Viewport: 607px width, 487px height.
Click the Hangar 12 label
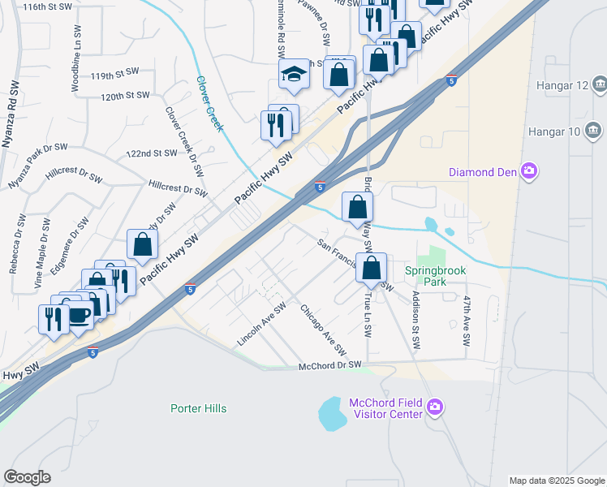(561, 85)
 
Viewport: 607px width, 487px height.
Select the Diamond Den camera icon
(530, 170)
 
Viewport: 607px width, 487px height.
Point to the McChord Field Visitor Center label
(386, 408)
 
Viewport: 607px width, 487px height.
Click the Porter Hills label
(199, 408)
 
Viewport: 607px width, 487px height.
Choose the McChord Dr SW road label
(329, 366)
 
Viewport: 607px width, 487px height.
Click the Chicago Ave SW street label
(324, 330)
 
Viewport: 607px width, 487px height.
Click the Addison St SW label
(415, 320)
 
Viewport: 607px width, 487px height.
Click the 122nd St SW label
(152, 153)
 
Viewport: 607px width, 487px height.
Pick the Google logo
(27, 477)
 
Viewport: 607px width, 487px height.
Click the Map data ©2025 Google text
(556, 481)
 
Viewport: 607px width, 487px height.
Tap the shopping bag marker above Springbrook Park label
(371, 267)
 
